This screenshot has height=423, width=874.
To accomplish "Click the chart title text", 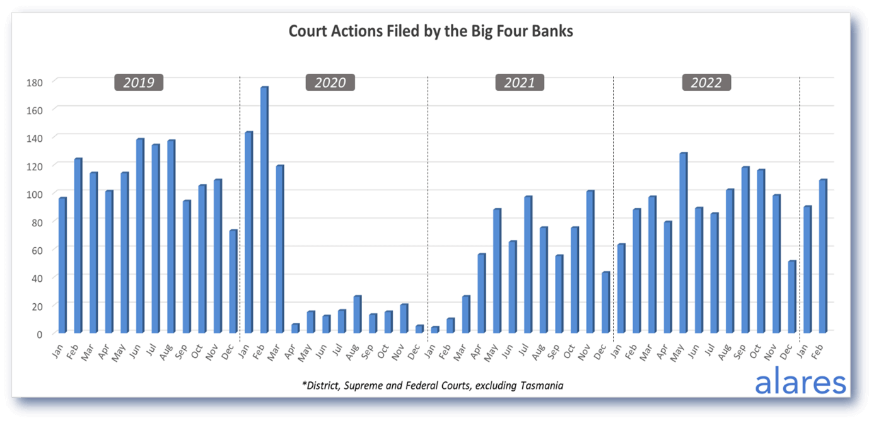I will click(431, 32).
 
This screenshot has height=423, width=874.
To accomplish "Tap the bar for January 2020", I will click(248, 232).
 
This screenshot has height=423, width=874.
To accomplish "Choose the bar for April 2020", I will click(295, 328).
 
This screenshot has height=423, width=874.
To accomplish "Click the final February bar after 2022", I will click(823, 256).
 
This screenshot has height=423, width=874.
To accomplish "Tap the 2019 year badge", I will click(139, 83).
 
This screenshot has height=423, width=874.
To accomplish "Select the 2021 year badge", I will click(520, 83).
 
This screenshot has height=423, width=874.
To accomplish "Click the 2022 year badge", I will click(706, 83).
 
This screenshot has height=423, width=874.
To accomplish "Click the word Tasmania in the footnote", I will click(542, 385).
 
